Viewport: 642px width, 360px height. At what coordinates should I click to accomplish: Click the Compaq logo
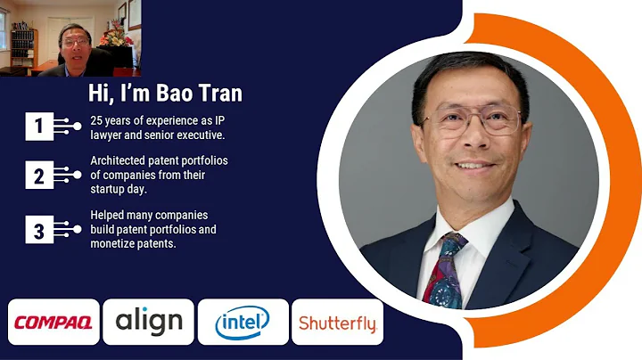pyautogui.click(x=53, y=323)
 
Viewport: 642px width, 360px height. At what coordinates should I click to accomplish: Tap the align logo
pyautogui.click(x=148, y=323)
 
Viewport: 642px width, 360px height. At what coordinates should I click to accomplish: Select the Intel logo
pyautogui.click(x=243, y=323)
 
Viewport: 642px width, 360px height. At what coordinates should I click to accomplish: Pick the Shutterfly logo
pyautogui.click(x=337, y=323)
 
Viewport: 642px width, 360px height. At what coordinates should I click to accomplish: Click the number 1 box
pyautogui.click(x=38, y=127)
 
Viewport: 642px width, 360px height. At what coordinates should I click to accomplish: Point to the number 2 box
pyautogui.click(x=38, y=176)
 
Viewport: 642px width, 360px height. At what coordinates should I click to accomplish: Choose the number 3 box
pyautogui.click(x=38, y=232)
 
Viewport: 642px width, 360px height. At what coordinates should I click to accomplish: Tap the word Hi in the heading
pyautogui.click(x=99, y=93)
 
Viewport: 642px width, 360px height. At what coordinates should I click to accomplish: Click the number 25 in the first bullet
pyautogui.click(x=97, y=120)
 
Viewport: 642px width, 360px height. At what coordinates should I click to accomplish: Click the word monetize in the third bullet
pyautogui.click(x=117, y=243)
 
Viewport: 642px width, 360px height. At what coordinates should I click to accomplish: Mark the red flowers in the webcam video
pyautogui.click(x=114, y=36)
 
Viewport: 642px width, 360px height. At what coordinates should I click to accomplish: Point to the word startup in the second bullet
pyautogui.click(x=111, y=188)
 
